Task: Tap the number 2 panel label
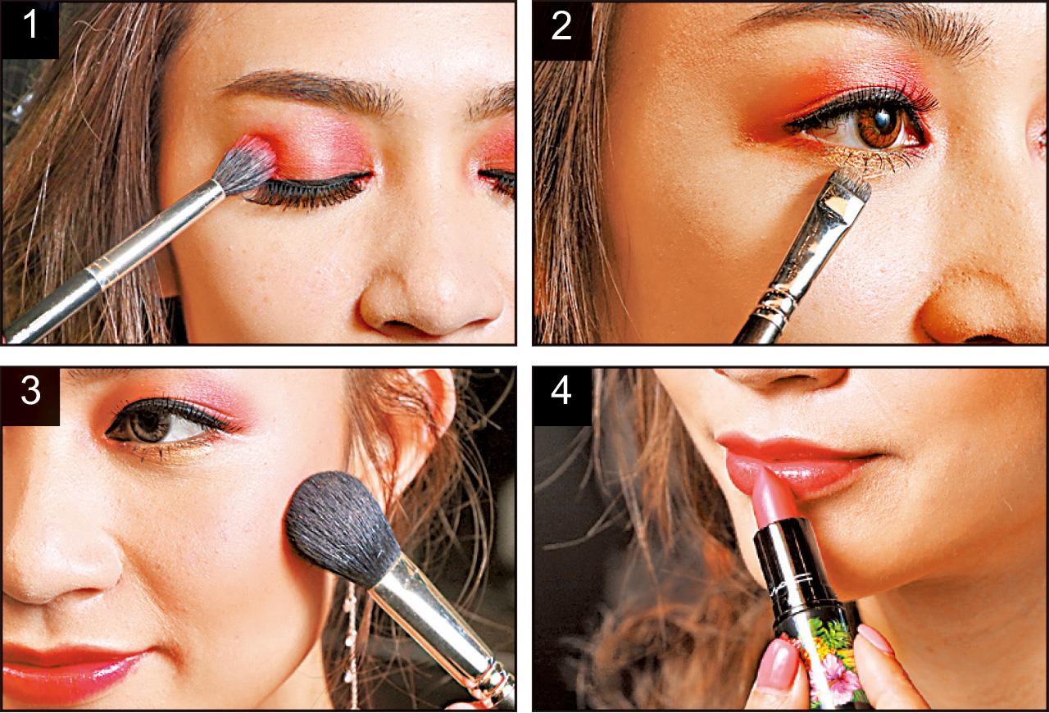(561, 27)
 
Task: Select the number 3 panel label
(30, 392)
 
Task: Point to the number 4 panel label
(561, 392)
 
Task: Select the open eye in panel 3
(164, 421)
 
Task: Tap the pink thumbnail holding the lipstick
(778, 665)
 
